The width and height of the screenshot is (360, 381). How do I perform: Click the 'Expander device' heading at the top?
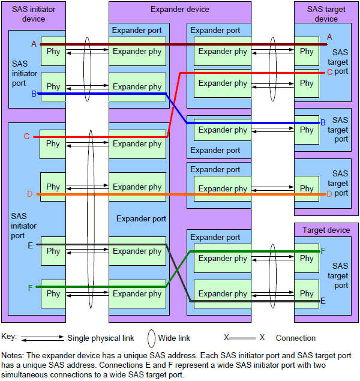pyautogui.click(x=179, y=9)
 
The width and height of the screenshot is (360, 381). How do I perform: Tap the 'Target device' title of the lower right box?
pyautogui.click(x=326, y=230)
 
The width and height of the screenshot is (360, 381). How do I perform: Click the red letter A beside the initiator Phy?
pyautogui.click(x=34, y=44)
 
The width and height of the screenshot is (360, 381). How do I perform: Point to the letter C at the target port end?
pyautogui.click(x=329, y=72)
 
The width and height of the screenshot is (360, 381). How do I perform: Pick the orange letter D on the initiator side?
pyautogui.click(x=29, y=194)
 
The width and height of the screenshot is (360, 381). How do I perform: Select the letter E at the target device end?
pyautogui.click(x=323, y=301)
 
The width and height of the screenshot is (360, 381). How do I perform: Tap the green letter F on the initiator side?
pyautogui.click(x=30, y=288)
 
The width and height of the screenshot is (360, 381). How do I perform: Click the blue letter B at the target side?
pyautogui.click(x=323, y=122)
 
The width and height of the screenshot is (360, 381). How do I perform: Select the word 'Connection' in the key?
pyautogui.click(x=295, y=338)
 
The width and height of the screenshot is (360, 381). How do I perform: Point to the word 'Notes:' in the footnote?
pyautogui.click(x=14, y=355)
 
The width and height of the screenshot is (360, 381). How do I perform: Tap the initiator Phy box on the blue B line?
pyautogui.click(x=53, y=87)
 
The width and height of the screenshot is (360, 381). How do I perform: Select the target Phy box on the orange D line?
pyautogui.click(x=307, y=188)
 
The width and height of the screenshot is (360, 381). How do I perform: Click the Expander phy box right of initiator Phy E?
pyautogui.click(x=137, y=251)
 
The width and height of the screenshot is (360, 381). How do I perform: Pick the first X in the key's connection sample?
pyautogui.click(x=226, y=338)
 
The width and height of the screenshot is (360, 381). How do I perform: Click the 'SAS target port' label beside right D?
pyautogui.click(x=340, y=184)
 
